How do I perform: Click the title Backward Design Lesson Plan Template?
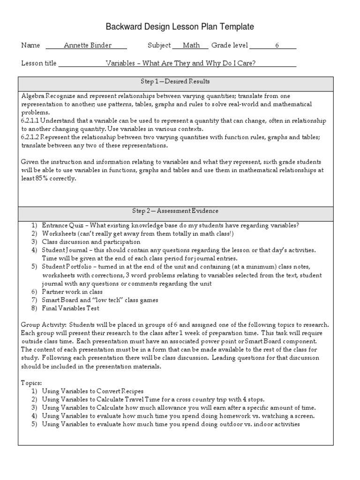click(180, 27)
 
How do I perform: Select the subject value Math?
click(191, 45)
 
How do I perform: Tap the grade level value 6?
click(277, 45)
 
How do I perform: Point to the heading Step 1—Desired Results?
click(176, 82)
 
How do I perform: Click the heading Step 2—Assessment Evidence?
click(176, 211)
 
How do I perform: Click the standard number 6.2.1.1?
click(31, 120)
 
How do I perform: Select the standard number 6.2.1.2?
click(31, 137)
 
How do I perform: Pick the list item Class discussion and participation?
click(91, 242)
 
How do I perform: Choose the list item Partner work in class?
click(72, 292)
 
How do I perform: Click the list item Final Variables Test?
click(70, 308)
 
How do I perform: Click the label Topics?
click(31, 382)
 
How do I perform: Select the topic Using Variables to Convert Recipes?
click(93, 391)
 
